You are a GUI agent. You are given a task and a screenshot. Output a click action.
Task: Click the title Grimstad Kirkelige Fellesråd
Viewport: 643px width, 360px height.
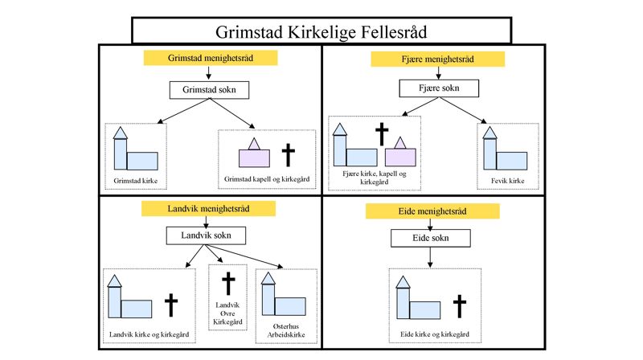321,32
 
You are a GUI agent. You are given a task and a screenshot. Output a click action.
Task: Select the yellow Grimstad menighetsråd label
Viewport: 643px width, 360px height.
210,59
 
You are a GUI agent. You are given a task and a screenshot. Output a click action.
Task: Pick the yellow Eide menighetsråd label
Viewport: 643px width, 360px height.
432,211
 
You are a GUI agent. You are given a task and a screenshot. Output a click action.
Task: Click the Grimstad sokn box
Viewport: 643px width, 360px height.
209,90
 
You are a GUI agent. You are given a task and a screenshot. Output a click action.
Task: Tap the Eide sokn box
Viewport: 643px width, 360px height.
432,239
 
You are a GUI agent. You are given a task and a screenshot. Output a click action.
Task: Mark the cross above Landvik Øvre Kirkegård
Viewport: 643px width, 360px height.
228,284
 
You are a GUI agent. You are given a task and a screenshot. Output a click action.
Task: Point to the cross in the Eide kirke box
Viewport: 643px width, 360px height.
458,306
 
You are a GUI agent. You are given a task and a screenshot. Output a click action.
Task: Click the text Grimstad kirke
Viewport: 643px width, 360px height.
133,182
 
